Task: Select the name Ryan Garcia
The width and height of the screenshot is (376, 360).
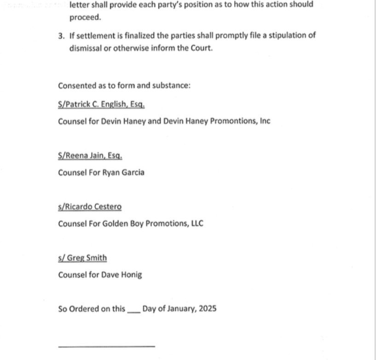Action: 126,173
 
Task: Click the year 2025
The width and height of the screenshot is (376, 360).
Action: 208,308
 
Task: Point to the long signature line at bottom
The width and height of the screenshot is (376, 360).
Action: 106,346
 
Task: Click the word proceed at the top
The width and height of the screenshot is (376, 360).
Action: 83,17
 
